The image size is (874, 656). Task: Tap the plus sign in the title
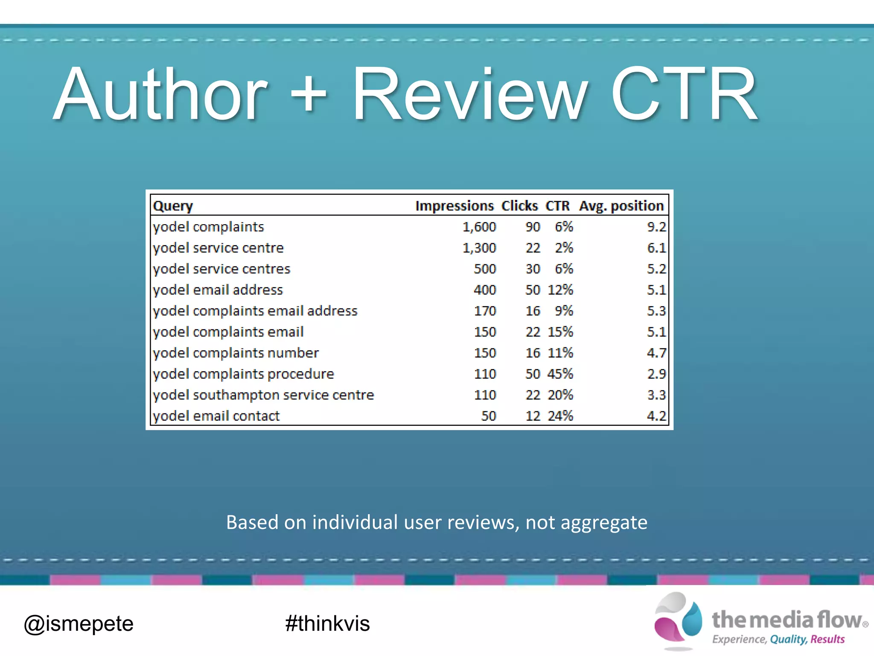pyautogui.click(x=308, y=95)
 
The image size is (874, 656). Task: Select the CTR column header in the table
pyautogui.click(x=557, y=206)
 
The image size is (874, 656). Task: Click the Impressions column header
pyautogui.click(x=454, y=206)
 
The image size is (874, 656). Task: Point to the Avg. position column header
pyautogui.click(x=621, y=206)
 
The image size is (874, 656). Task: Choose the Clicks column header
pyautogui.click(x=519, y=206)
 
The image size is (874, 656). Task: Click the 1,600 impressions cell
pyautogui.click(x=479, y=227)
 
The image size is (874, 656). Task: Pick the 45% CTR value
pyautogui.click(x=560, y=374)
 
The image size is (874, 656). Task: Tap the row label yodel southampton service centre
pyautogui.click(x=263, y=395)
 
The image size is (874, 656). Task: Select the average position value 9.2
pyautogui.click(x=656, y=227)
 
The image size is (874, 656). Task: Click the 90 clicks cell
pyautogui.click(x=533, y=227)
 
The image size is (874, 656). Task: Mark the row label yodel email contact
pyautogui.click(x=216, y=416)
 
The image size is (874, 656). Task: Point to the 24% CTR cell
pyautogui.click(x=560, y=416)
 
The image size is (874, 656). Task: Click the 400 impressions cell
pyautogui.click(x=485, y=290)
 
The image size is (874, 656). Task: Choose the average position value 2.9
pyautogui.click(x=656, y=374)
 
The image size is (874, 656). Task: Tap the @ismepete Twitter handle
pyautogui.click(x=79, y=624)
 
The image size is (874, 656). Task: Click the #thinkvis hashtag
pyautogui.click(x=327, y=624)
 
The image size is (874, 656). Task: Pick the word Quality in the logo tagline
pyautogui.click(x=788, y=639)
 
